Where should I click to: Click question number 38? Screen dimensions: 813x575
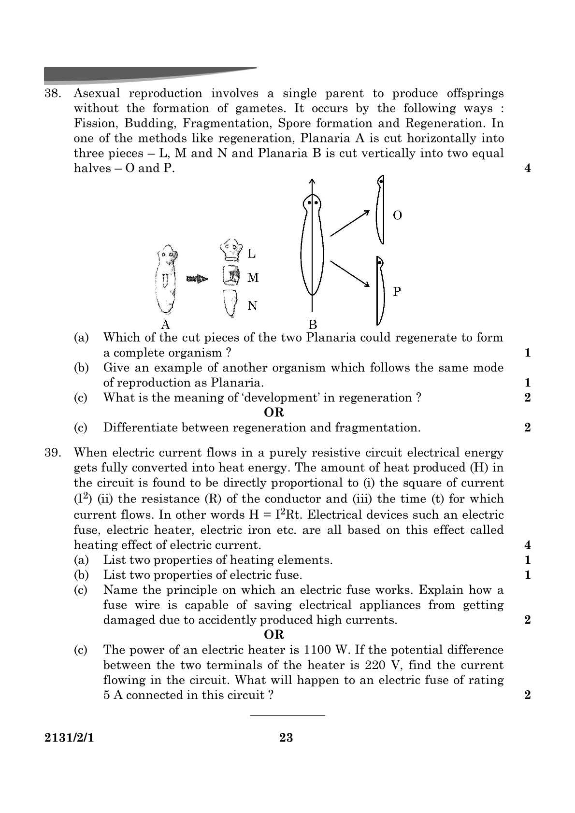point(52,94)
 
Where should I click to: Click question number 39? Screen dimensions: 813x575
point(52,453)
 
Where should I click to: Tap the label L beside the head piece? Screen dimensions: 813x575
point(252,253)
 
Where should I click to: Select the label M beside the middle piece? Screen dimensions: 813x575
point(253,278)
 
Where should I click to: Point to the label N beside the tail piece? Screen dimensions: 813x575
point(252,306)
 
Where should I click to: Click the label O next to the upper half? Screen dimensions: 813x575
point(397,215)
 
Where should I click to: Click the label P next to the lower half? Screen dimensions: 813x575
point(397,291)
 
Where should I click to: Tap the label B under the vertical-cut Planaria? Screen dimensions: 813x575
point(313,324)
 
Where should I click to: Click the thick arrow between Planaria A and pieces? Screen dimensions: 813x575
point(197,279)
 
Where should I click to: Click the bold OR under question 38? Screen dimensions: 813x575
point(274,413)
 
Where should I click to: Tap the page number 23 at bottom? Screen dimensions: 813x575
point(286,738)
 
